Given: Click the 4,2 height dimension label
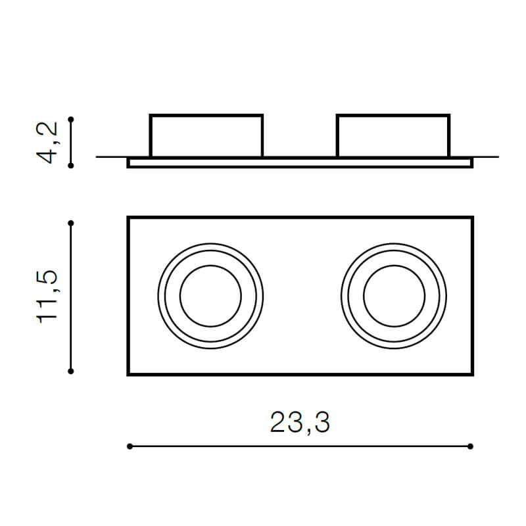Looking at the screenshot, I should tap(49, 143).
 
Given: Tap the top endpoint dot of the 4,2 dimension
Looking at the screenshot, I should tap(71, 120).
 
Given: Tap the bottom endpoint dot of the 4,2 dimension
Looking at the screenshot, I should tap(71, 166).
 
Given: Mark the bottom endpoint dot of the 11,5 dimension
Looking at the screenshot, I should tap(71, 371).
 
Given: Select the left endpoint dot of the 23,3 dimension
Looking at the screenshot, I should tap(130, 446).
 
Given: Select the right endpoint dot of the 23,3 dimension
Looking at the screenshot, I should tap(471, 446).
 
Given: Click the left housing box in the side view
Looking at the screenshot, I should tap(206, 136).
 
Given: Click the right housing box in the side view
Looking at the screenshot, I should tap(393, 136).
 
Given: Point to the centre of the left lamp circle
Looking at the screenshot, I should tap(210, 296).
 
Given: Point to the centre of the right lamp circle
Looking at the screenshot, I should tap(394, 296).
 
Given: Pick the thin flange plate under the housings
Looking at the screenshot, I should tap(300, 162).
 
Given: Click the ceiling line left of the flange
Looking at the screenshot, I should tap(112, 157).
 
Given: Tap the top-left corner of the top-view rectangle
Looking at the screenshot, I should tap(128, 218).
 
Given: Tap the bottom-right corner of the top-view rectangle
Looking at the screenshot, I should tap(472, 374).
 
